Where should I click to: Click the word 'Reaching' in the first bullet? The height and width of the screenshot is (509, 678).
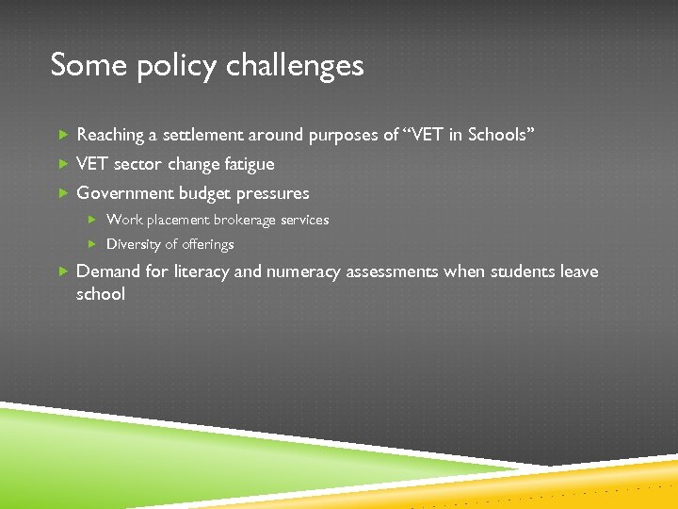(109, 136)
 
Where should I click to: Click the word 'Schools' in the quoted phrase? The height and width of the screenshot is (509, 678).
(499, 135)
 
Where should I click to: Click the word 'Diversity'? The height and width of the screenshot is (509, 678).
(134, 244)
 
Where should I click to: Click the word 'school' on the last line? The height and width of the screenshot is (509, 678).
(100, 294)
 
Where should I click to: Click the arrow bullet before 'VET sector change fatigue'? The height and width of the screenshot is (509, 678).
(63, 164)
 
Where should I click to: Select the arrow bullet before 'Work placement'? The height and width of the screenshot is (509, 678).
(93, 220)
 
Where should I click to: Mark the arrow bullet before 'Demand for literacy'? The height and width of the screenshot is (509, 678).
(63, 271)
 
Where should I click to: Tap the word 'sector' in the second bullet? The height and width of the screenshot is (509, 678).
(138, 164)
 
